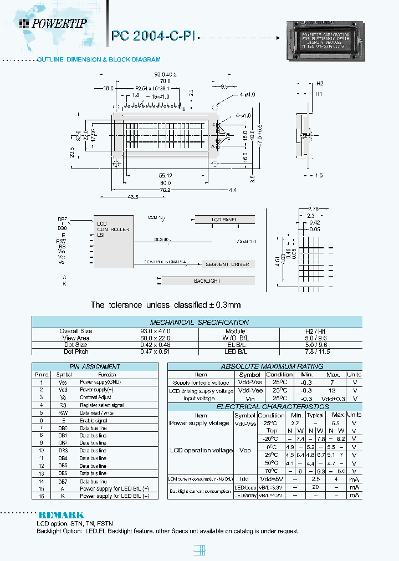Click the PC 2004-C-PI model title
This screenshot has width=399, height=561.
click(x=153, y=36)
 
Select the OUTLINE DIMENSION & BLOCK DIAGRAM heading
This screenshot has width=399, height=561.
click(x=99, y=59)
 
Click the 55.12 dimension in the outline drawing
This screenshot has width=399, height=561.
click(x=165, y=176)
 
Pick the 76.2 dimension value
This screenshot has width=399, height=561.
click(x=166, y=190)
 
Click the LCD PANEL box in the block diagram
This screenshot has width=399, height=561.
click(x=224, y=220)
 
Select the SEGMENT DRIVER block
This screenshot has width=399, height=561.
click(x=227, y=264)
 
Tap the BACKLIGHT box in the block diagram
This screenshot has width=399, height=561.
click(x=207, y=281)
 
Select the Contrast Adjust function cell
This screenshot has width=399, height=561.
click(x=95, y=397)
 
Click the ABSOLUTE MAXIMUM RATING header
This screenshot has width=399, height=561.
click(x=256, y=366)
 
